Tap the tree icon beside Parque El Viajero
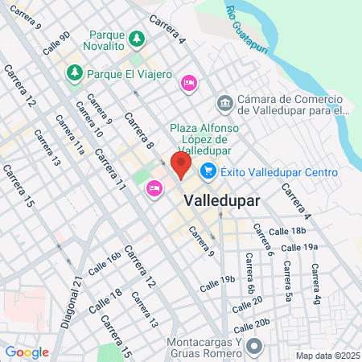[x=75, y=74]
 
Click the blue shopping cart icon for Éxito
[x=208, y=171]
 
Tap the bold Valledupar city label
[x=222, y=201]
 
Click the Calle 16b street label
[x=105, y=263]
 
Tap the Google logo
[x=27, y=352]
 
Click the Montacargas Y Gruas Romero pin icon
[x=255, y=348]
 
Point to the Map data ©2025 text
[x=325, y=356]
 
